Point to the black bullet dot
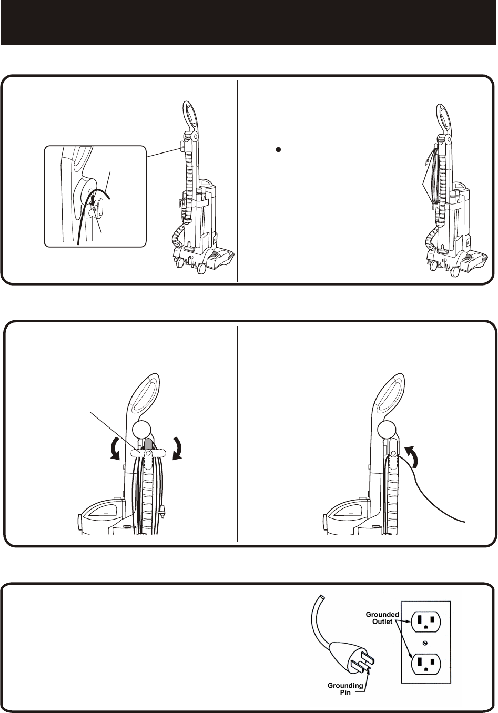pos(278,149)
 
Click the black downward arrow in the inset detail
pos(93,200)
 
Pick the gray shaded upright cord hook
pos(148,444)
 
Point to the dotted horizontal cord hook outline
pos(148,453)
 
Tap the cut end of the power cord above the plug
pos(322,598)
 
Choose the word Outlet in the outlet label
pos(383,622)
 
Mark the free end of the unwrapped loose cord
pos(465,522)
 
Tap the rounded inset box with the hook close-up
pos(95,196)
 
